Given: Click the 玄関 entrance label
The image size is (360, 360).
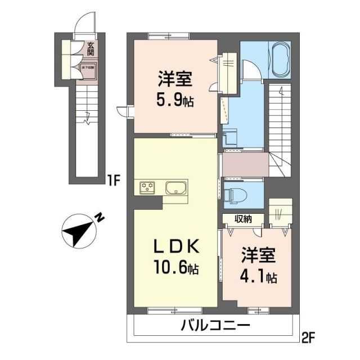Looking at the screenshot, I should (x=91, y=49).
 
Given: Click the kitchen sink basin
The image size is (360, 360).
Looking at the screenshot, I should (x=176, y=187).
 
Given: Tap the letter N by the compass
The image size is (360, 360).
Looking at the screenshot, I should (x=98, y=216).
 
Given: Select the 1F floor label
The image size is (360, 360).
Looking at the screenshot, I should (x=114, y=181).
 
